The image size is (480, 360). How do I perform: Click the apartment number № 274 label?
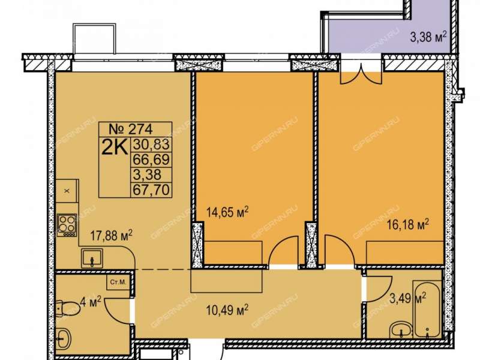[x=131, y=129]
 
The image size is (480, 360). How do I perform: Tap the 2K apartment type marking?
[x=114, y=148]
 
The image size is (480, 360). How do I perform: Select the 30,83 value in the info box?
[x=151, y=144]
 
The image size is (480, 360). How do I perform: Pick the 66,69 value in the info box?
[x=151, y=160]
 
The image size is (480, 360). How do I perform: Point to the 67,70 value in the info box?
[x=151, y=190]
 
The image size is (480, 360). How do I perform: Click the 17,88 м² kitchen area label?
[x=112, y=235]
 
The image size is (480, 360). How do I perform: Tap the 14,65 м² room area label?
[x=227, y=212]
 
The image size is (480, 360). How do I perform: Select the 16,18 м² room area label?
[x=407, y=224]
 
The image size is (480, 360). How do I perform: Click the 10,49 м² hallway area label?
[x=227, y=311]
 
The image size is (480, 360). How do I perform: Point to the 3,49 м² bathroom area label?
[x=407, y=298]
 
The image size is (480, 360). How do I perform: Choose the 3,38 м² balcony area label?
[x=428, y=37]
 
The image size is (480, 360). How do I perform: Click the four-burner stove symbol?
[x=67, y=225]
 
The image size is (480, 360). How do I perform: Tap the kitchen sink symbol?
[x=92, y=259]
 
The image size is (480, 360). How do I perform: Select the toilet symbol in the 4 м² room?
[x=68, y=308]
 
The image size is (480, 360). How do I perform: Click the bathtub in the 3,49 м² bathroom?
[x=427, y=312]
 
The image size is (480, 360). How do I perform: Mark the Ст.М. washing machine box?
[x=118, y=282]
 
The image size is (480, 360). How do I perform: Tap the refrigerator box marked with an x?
[x=67, y=191]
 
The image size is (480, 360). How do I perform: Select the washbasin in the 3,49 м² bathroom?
[x=401, y=331]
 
